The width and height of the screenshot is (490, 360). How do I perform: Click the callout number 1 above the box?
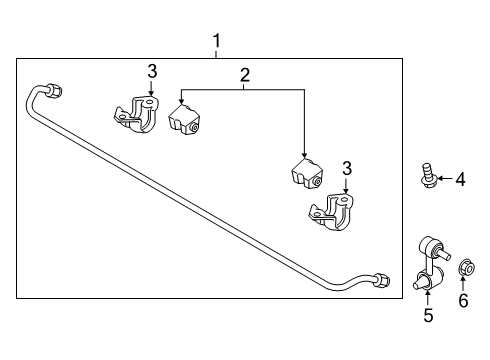(x=217, y=41)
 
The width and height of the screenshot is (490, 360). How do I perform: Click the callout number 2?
(x=245, y=75)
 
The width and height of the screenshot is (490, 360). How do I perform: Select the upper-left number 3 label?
(x=152, y=72)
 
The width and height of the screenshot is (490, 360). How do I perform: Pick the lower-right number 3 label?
(x=347, y=169)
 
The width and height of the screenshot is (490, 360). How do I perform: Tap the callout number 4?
(x=460, y=179)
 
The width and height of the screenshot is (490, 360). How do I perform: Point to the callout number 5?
(x=428, y=315)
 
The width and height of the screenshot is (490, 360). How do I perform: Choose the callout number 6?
(x=463, y=300)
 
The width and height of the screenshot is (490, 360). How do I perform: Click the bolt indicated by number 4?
(x=428, y=175)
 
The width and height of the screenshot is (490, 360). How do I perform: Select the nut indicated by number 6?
(x=466, y=267)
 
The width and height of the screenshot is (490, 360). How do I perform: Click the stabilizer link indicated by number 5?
(x=431, y=263)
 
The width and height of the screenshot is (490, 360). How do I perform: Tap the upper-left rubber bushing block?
(x=184, y=120)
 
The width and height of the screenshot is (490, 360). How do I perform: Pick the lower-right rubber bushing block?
(x=307, y=174)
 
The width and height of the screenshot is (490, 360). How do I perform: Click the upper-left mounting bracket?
(x=137, y=114)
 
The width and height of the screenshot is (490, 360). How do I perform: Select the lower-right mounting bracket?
(x=332, y=212)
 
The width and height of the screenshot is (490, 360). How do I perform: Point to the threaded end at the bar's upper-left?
(x=54, y=90)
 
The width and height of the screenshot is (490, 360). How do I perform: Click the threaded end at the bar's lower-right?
(x=382, y=280)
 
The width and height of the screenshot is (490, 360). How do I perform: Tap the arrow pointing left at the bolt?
(x=445, y=178)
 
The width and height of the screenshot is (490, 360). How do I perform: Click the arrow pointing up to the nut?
(x=463, y=283)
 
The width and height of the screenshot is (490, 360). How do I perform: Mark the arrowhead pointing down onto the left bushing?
(x=181, y=100)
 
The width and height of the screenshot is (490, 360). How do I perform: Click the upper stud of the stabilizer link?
(x=444, y=254)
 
